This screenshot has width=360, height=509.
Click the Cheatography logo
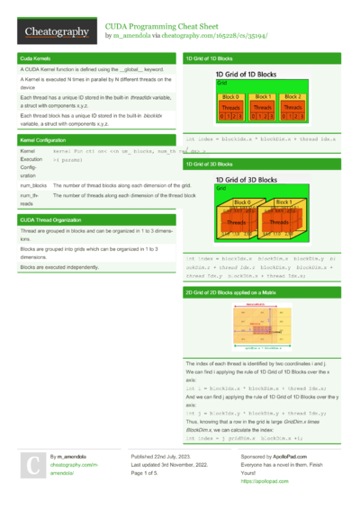tap(56, 32)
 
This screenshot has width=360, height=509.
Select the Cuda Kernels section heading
tap(35, 58)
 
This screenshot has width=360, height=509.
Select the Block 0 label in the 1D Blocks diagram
tap(230, 96)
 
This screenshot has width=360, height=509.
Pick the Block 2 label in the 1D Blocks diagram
tap(292, 96)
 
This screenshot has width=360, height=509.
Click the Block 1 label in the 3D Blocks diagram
tap(286, 203)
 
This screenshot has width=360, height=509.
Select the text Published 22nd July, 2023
tap(163, 457)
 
